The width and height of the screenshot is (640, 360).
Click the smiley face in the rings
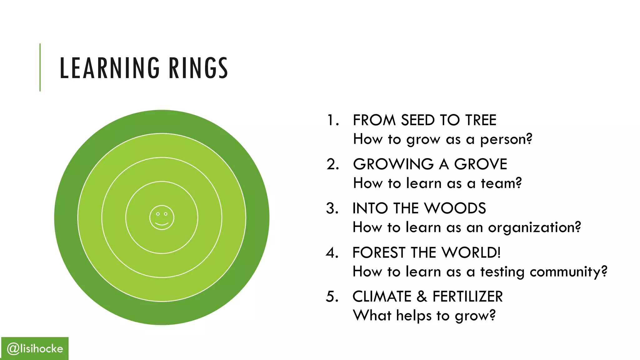(x=162, y=217)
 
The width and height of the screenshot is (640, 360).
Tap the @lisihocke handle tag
(x=35, y=348)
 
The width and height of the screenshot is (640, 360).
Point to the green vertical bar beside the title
(x=40, y=67)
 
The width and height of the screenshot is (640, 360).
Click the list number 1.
(x=332, y=120)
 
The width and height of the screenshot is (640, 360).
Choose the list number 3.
(x=332, y=208)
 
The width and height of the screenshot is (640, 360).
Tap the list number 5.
(x=332, y=297)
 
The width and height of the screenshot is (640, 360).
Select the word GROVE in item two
(x=480, y=164)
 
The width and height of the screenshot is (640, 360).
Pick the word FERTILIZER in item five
(x=467, y=297)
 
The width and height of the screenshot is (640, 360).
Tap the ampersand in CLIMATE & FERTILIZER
(x=422, y=297)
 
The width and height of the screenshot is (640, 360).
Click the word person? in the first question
(x=506, y=139)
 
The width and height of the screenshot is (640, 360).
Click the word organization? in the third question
(x=534, y=227)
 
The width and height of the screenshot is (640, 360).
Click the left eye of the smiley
(x=158, y=214)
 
